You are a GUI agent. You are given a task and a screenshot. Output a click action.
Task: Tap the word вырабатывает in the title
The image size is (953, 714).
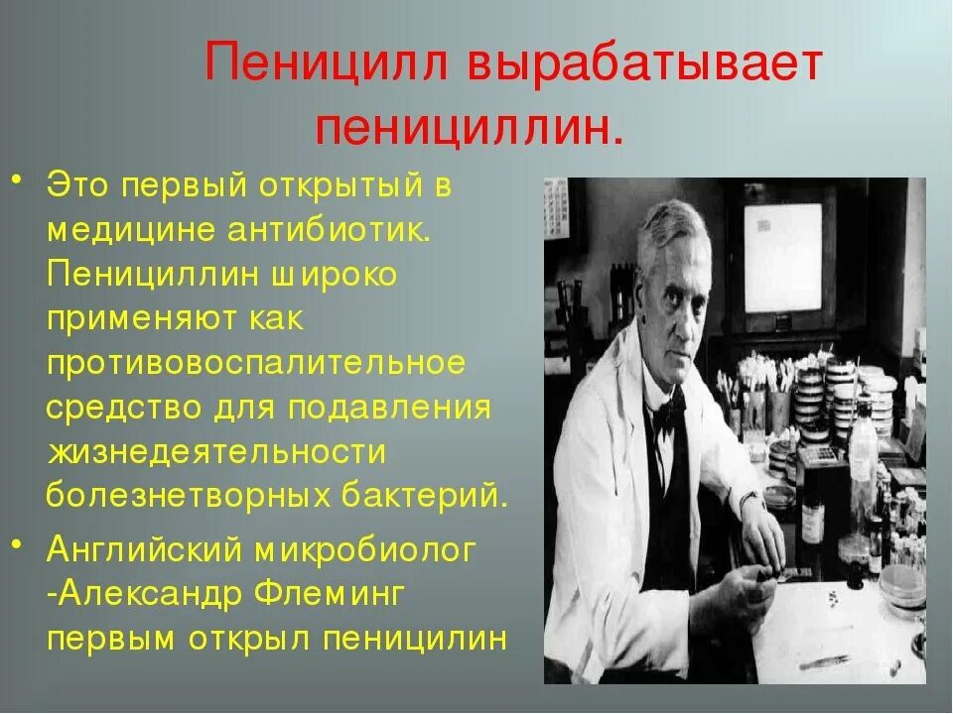[x=645, y=67]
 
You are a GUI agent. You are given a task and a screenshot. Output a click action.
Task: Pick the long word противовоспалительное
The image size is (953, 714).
[x=256, y=363]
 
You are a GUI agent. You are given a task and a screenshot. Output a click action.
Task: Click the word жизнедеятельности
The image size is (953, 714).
[x=214, y=451]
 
